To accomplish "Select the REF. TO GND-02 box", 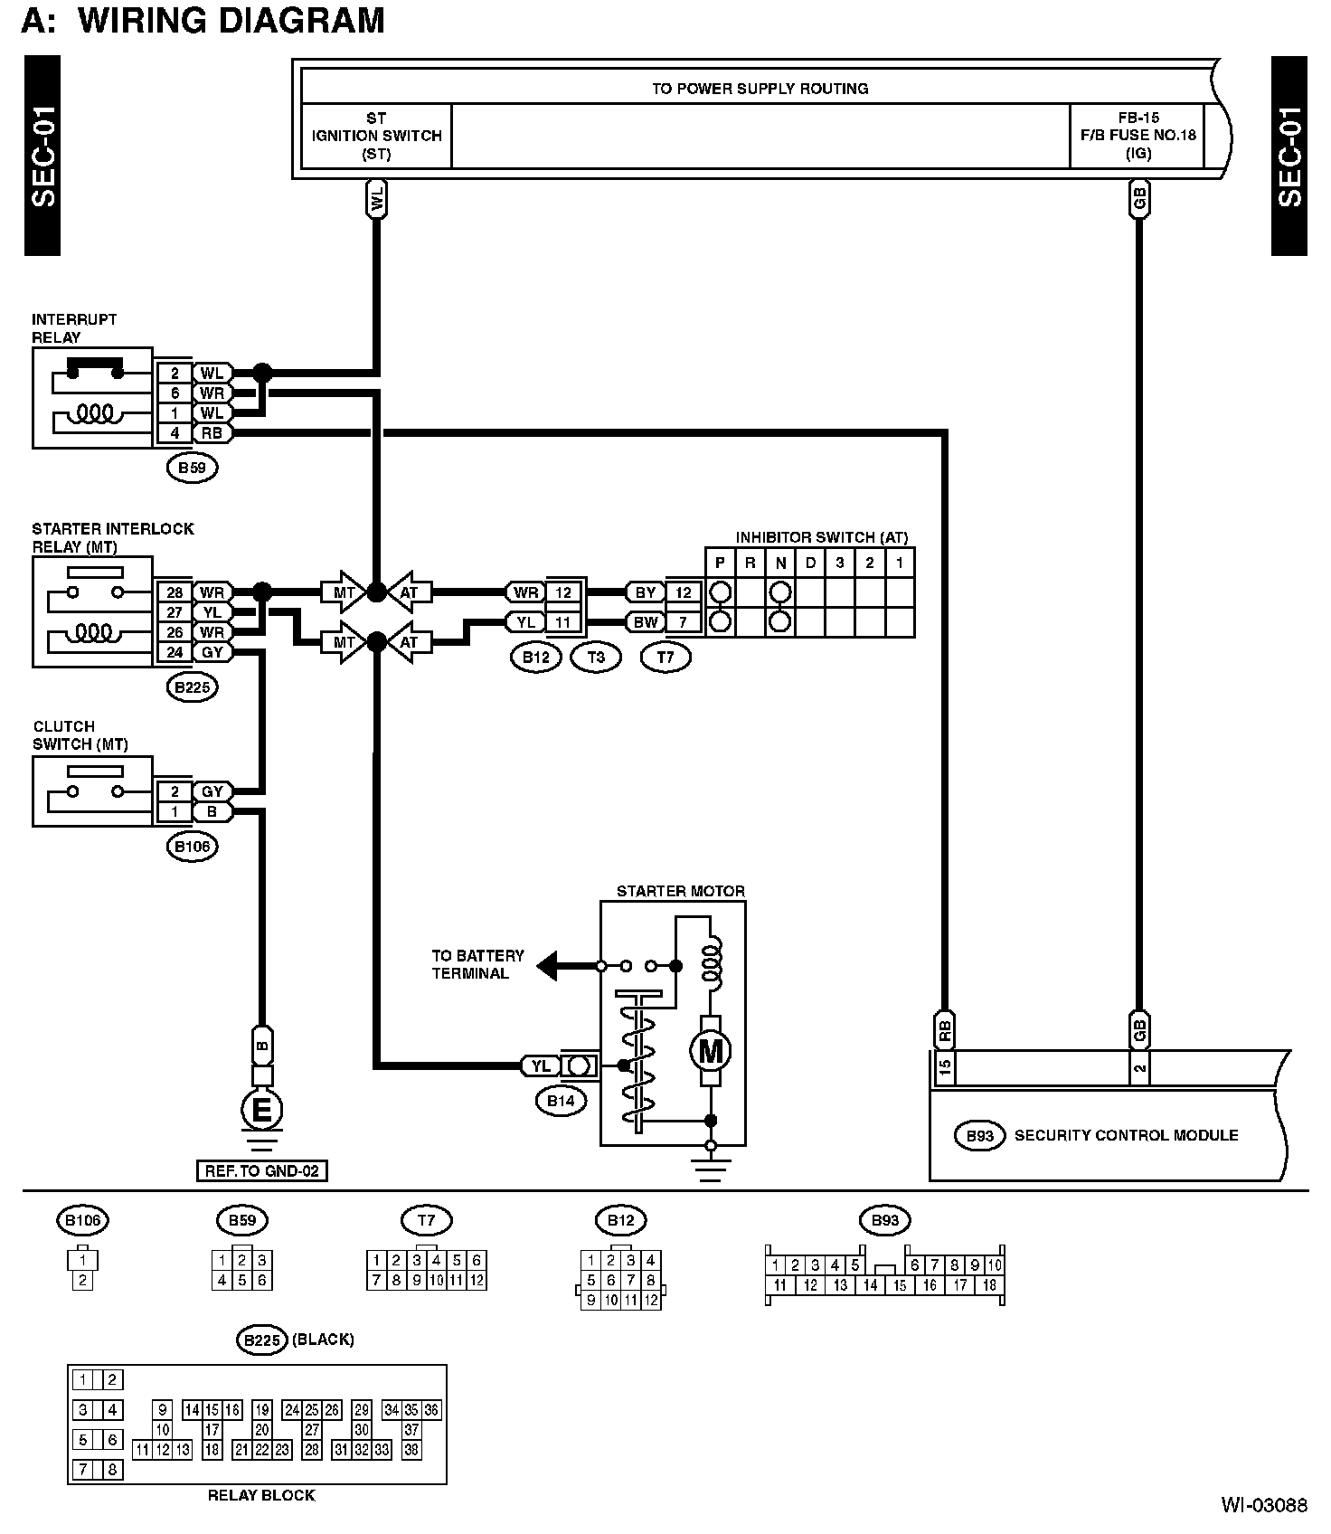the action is tap(262, 1171).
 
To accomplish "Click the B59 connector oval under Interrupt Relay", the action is tap(193, 468).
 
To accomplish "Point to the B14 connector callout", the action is tap(561, 1101).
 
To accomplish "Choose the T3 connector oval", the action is tap(596, 658).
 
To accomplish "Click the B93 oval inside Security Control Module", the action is tap(980, 1136).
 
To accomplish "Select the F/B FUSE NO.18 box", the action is tap(1137, 136).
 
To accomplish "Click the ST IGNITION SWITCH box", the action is tap(376, 136).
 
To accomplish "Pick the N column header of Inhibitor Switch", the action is tap(780, 563).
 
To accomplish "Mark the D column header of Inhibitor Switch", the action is tap(810, 563).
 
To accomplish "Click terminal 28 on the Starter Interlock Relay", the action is tap(175, 593).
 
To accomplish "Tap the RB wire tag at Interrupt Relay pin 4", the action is tap(212, 433).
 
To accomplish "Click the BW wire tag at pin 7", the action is tap(646, 622).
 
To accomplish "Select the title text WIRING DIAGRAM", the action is tap(231, 20).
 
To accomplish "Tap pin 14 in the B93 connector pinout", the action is tap(870, 1285).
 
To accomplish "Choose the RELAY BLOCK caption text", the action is tap(261, 1496).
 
